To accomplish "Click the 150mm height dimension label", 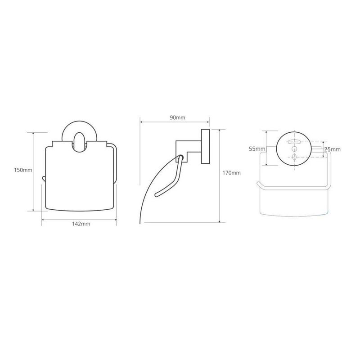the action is (x=23, y=170).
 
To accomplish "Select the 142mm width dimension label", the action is (x=81, y=224).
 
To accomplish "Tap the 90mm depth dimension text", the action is (x=177, y=118).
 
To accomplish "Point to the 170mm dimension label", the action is (x=231, y=173).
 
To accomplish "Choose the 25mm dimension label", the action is (x=332, y=149).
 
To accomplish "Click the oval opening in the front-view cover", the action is (x=80, y=142).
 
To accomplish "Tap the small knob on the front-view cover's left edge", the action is (x=44, y=179).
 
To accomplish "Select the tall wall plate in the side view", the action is (x=206, y=147).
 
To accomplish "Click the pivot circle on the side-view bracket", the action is (x=180, y=158).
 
